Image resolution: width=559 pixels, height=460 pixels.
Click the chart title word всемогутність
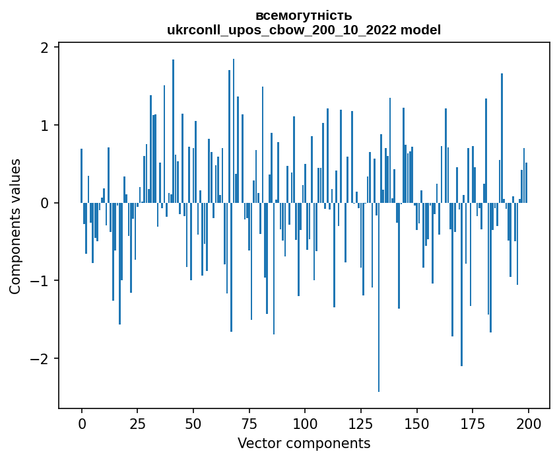click(304, 16)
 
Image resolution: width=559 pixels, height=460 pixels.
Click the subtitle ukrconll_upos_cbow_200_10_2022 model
click(304, 30)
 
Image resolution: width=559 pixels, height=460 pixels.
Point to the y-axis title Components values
click(15, 226)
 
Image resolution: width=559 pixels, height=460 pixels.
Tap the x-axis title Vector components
click(304, 443)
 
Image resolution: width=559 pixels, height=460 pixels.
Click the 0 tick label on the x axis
click(82, 423)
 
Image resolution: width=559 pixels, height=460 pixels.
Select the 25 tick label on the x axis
click(137, 423)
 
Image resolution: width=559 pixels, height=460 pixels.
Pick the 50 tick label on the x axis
click(193, 423)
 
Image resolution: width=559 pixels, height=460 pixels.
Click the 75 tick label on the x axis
click(249, 423)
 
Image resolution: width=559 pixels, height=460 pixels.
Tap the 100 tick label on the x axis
click(305, 423)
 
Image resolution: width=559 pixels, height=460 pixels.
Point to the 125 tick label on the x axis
click(360, 423)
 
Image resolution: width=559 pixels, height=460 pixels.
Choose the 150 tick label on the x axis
click(416, 423)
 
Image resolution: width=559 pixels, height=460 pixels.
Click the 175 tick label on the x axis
click(472, 423)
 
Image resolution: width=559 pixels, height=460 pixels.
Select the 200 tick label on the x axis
click(528, 423)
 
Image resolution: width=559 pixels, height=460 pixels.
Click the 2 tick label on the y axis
click(44, 48)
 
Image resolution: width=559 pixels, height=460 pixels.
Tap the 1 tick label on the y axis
click(44, 126)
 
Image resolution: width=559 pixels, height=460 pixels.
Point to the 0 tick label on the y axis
click(44, 203)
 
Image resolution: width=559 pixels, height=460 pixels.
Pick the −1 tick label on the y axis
click(39, 281)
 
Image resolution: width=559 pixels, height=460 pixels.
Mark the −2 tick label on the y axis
click(39, 359)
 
